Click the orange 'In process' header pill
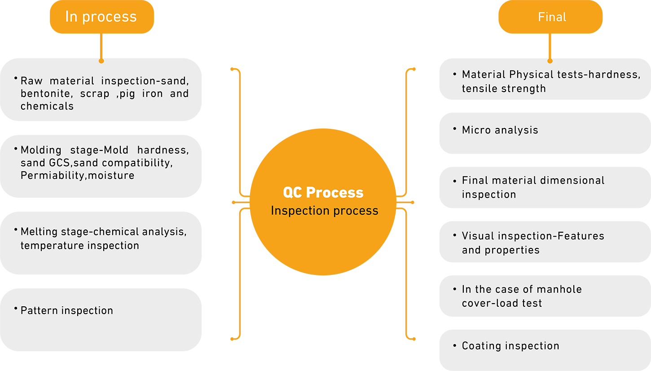(x=102, y=17)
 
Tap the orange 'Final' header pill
(x=550, y=17)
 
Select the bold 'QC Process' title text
(x=323, y=193)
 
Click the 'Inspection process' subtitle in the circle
(x=324, y=211)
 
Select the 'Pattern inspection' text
(x=67, y=310)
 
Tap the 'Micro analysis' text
(x=500, y=130)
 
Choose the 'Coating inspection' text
(x=510, y=346)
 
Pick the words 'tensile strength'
(x=504, y=88)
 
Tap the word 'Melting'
(x=39, y=232)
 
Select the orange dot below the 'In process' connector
(x=101, y=61)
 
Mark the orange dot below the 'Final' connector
(x=550, y=61)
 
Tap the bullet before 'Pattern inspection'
(x=16, y=308)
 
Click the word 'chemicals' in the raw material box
(x=47, y=106)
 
